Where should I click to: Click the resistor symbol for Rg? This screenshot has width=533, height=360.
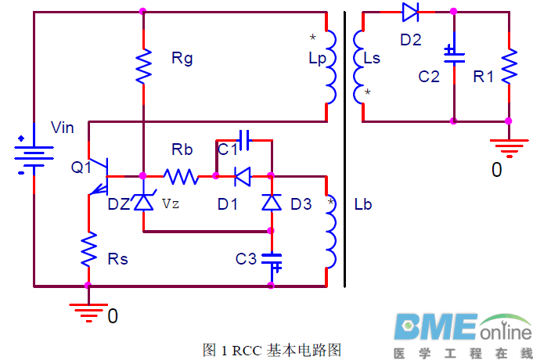[x=143, y=67]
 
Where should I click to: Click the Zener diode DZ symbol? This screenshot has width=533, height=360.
[x=143, y=202]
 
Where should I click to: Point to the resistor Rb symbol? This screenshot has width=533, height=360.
[x=181, y=176]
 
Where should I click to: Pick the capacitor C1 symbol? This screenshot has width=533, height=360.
[x=243, y=141]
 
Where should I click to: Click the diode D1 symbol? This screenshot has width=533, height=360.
[x=242, y=176]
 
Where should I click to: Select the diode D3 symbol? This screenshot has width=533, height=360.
[x=271, y=203]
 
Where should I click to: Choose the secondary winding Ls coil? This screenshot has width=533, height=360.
[x=359, y=67]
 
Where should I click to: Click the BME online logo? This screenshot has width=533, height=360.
[x=462, y=333]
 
